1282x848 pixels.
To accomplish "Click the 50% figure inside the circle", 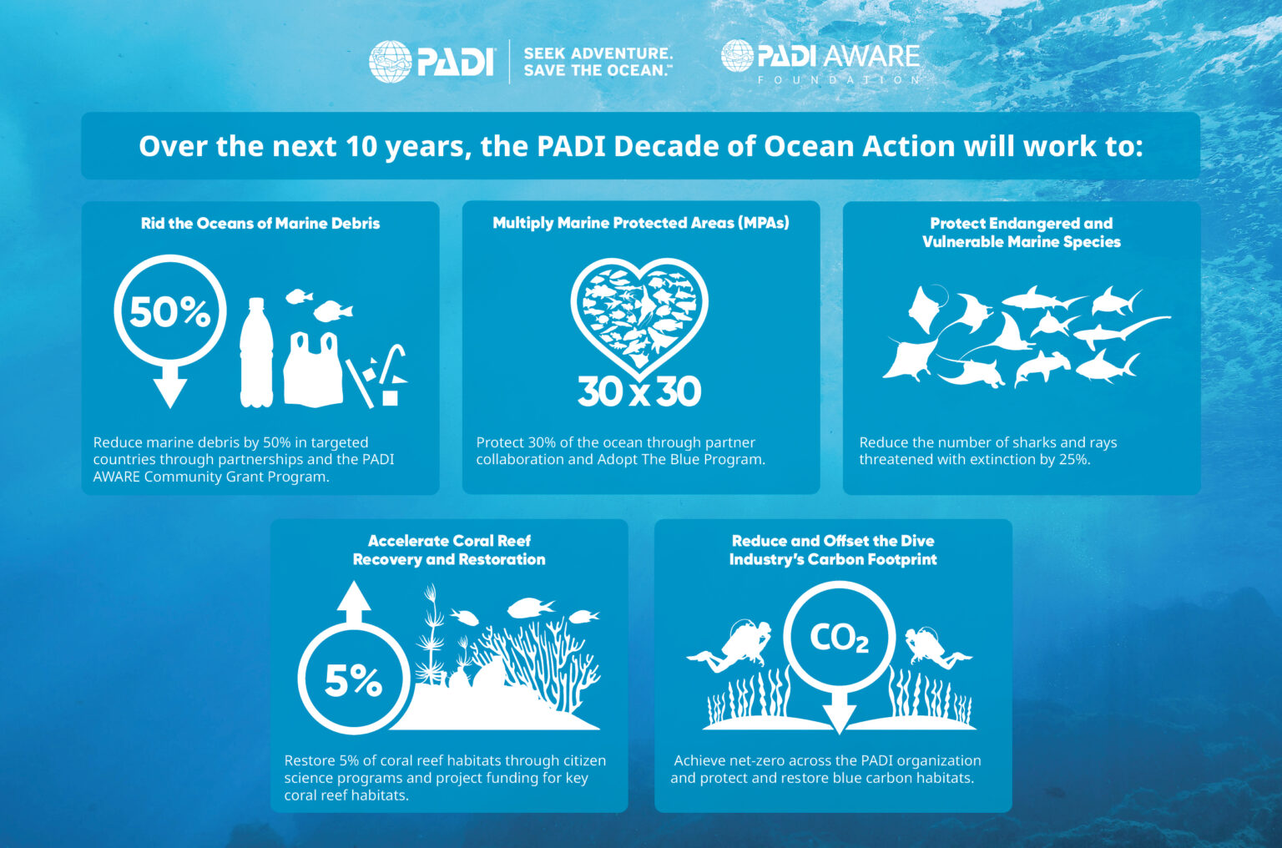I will (169, 312).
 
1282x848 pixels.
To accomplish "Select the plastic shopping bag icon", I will (313, 370).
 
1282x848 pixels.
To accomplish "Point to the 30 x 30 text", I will (639, 391).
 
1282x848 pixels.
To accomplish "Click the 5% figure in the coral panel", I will (353, 680).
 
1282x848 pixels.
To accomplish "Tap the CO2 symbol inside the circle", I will (839, 639).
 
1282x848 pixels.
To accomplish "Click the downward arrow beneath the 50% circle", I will (169, 388).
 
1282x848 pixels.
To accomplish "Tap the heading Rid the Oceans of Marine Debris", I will (260, 224).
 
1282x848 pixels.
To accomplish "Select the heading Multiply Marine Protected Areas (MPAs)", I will (640, 223).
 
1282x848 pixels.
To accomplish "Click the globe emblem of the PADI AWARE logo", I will (737, 56).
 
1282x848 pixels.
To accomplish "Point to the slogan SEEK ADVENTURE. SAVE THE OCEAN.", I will (598, 62).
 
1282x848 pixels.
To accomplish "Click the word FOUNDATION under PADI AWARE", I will (839, 80).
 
